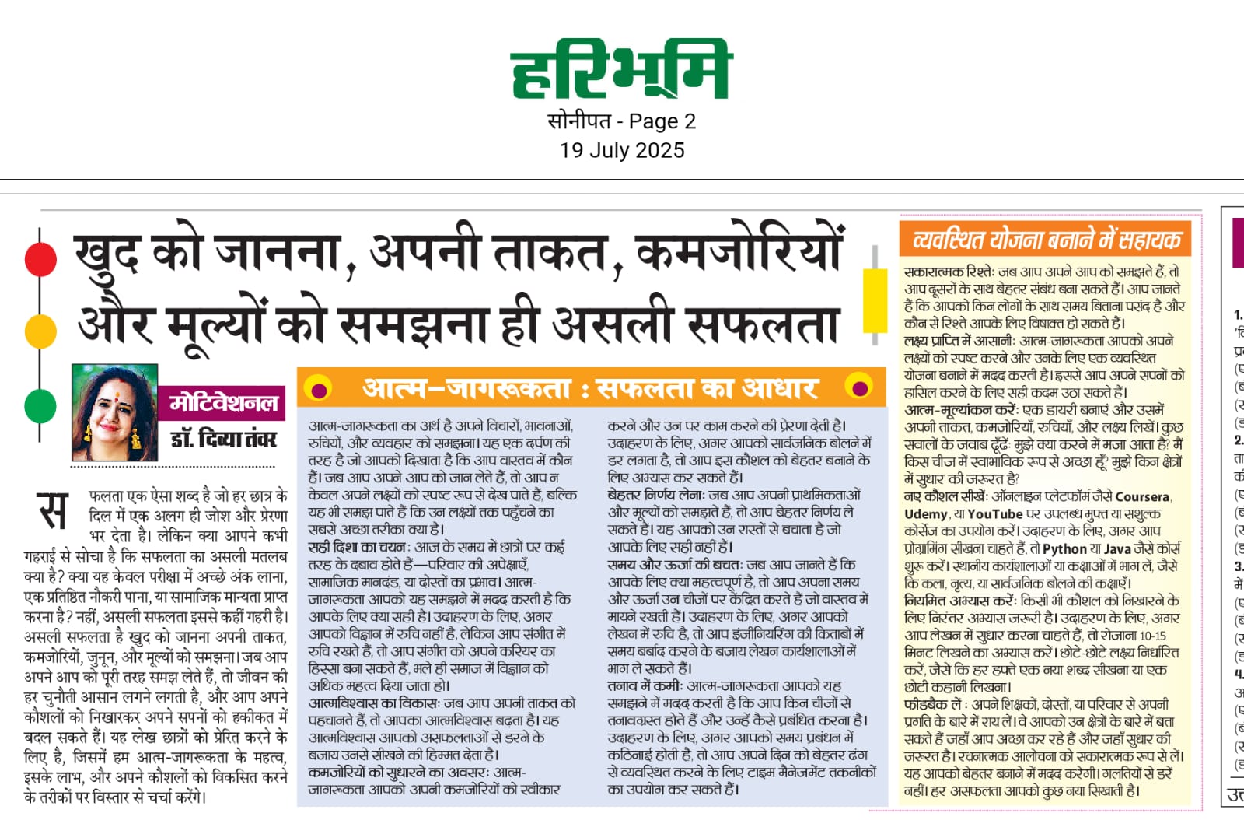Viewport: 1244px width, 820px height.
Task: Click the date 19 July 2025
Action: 622,150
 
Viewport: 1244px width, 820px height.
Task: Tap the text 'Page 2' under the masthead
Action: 662,121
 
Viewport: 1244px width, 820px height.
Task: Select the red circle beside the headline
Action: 40,259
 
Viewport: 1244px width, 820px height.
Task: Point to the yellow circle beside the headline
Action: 40,331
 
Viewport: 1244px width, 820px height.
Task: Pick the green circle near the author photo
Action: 40,405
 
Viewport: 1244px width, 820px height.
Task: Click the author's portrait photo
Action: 114,413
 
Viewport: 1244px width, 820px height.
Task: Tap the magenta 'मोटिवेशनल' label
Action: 224,402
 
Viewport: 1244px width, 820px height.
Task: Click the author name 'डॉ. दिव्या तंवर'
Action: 223,439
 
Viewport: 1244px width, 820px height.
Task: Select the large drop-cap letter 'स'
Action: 53,512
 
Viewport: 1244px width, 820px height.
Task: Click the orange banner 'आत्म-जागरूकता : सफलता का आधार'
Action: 591,387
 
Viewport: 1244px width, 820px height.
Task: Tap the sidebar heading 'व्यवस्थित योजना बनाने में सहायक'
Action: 1046,239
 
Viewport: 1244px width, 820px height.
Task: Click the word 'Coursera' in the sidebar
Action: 1142,496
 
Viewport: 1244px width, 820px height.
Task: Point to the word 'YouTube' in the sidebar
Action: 995,514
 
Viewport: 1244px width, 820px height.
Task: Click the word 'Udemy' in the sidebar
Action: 926,514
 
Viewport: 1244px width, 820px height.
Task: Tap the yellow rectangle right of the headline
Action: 875,300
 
